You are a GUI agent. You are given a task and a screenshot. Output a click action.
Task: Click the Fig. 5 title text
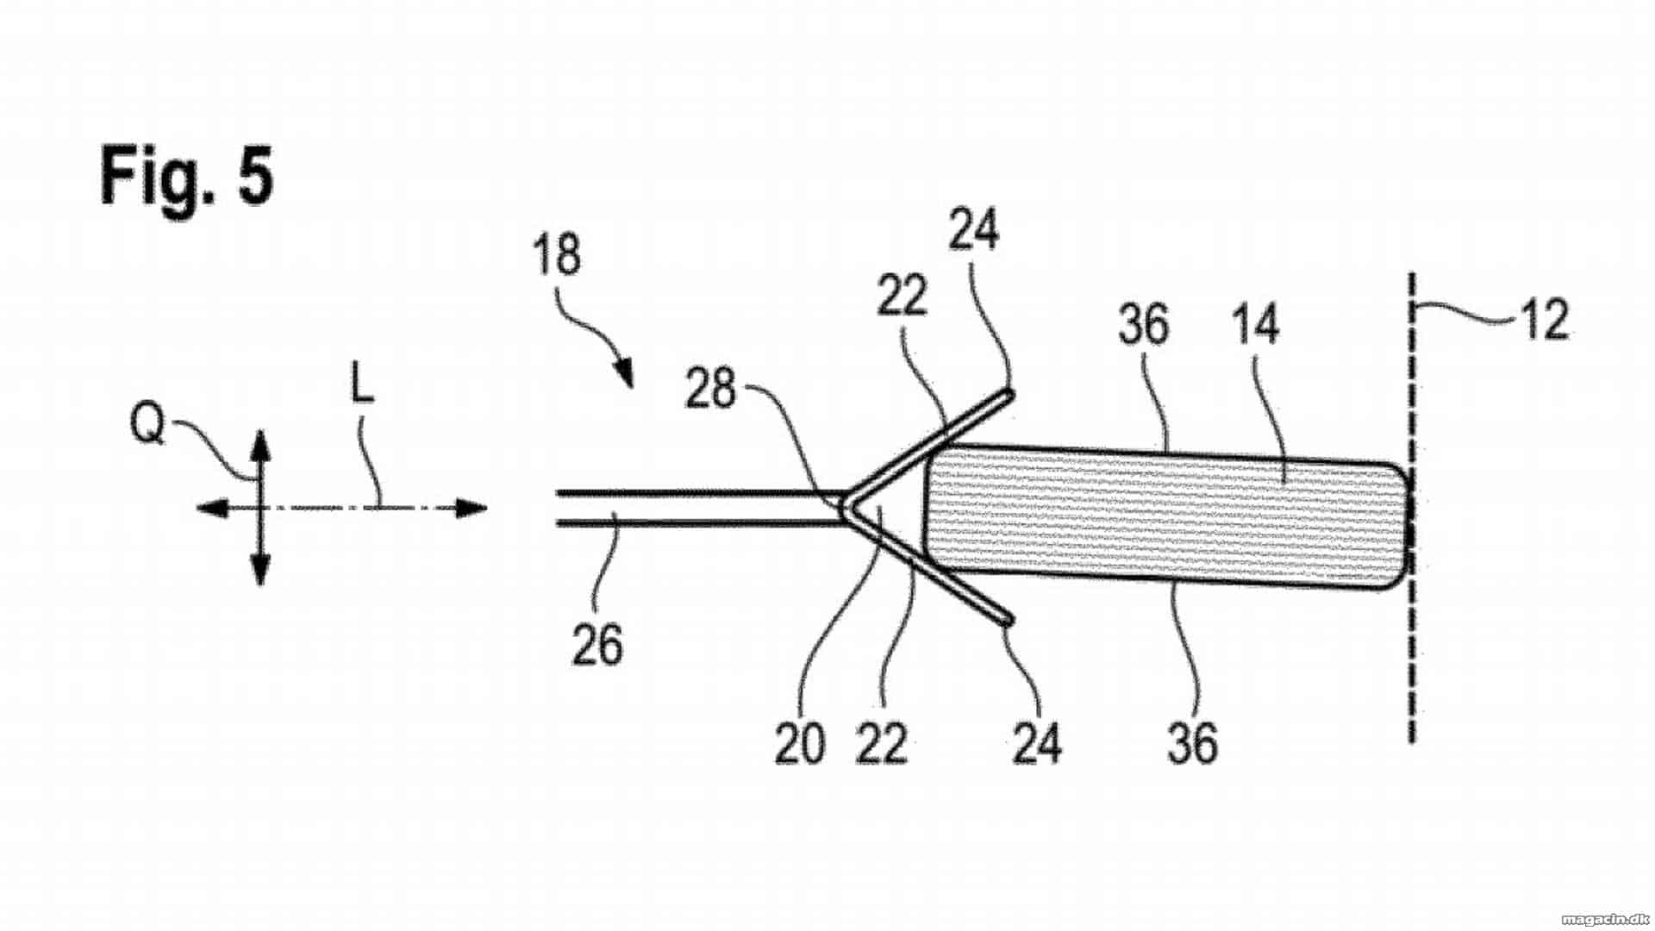click(x=186, y=176)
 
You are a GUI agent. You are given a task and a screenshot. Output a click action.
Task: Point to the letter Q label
click(x=147, y=423)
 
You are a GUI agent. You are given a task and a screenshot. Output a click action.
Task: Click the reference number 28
click(x=710, y=390)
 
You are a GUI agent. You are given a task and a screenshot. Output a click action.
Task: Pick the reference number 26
click(x=597, y=646)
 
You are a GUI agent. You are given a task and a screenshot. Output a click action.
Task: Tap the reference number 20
click(x=800, y=744)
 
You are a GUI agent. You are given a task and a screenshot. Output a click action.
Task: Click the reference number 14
click(x=1256, y=325)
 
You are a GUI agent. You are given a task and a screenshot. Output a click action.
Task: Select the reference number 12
click(x=1544, y=320)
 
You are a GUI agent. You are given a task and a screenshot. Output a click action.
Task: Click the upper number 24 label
click(x=974, y=230)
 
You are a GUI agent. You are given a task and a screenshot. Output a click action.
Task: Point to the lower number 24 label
click(x=1037, y=743)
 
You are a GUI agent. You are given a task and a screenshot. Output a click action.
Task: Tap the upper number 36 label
click(x=1143, y=326)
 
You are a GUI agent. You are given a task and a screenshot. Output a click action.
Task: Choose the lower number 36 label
click(x=1193, y=743)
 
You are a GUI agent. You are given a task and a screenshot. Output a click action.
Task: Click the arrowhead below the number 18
click(x=625, y=374)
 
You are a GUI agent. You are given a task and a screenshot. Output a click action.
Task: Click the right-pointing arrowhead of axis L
click(x=471, y=508)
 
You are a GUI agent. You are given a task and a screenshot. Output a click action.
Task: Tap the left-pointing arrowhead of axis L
click(x=213, y=509)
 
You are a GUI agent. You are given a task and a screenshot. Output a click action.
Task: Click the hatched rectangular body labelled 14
click(x=1165, y=517)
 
